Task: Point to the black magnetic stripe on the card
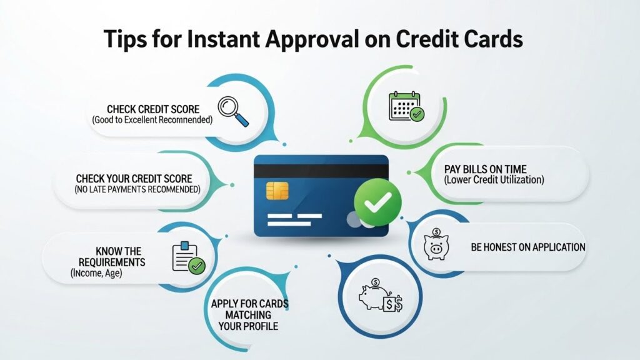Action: coord(321,171)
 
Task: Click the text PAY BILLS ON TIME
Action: coord(485,169)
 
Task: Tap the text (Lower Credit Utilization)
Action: coord(494,180)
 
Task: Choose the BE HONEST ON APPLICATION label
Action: coord(527,247)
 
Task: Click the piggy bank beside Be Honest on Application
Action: coord(436,246)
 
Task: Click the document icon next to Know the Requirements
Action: coord(187,257)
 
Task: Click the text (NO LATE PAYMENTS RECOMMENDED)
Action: coord(134,189)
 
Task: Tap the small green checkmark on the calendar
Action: coord(416,114)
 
